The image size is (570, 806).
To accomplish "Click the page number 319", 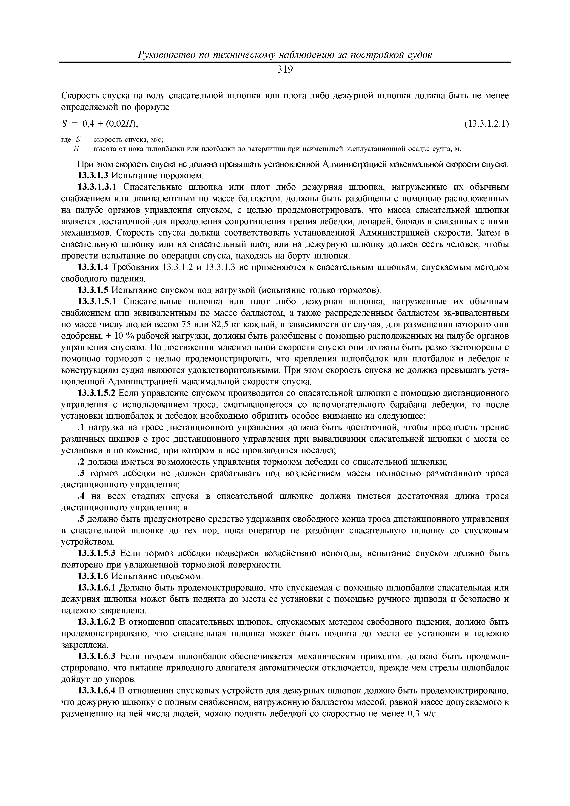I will [285, 70].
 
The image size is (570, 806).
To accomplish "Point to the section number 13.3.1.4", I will [93, 267].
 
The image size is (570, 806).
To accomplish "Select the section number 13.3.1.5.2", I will [99, 393].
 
